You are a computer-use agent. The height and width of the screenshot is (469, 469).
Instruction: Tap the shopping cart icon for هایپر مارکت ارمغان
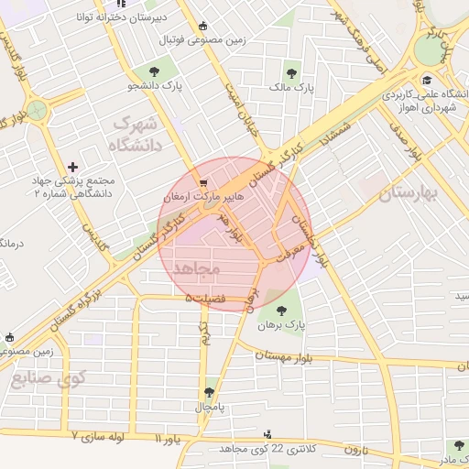click(x=203, y=181)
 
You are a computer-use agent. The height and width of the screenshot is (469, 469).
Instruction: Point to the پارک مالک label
click(x=291, y=89)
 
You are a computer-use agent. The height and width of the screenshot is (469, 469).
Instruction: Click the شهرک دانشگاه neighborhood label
click(x=134, y=134)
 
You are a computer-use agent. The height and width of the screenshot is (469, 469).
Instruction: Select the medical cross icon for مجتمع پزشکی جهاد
click(x=73, y=166)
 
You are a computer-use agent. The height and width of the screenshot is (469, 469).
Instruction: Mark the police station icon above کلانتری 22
click(x=267, y=433)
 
